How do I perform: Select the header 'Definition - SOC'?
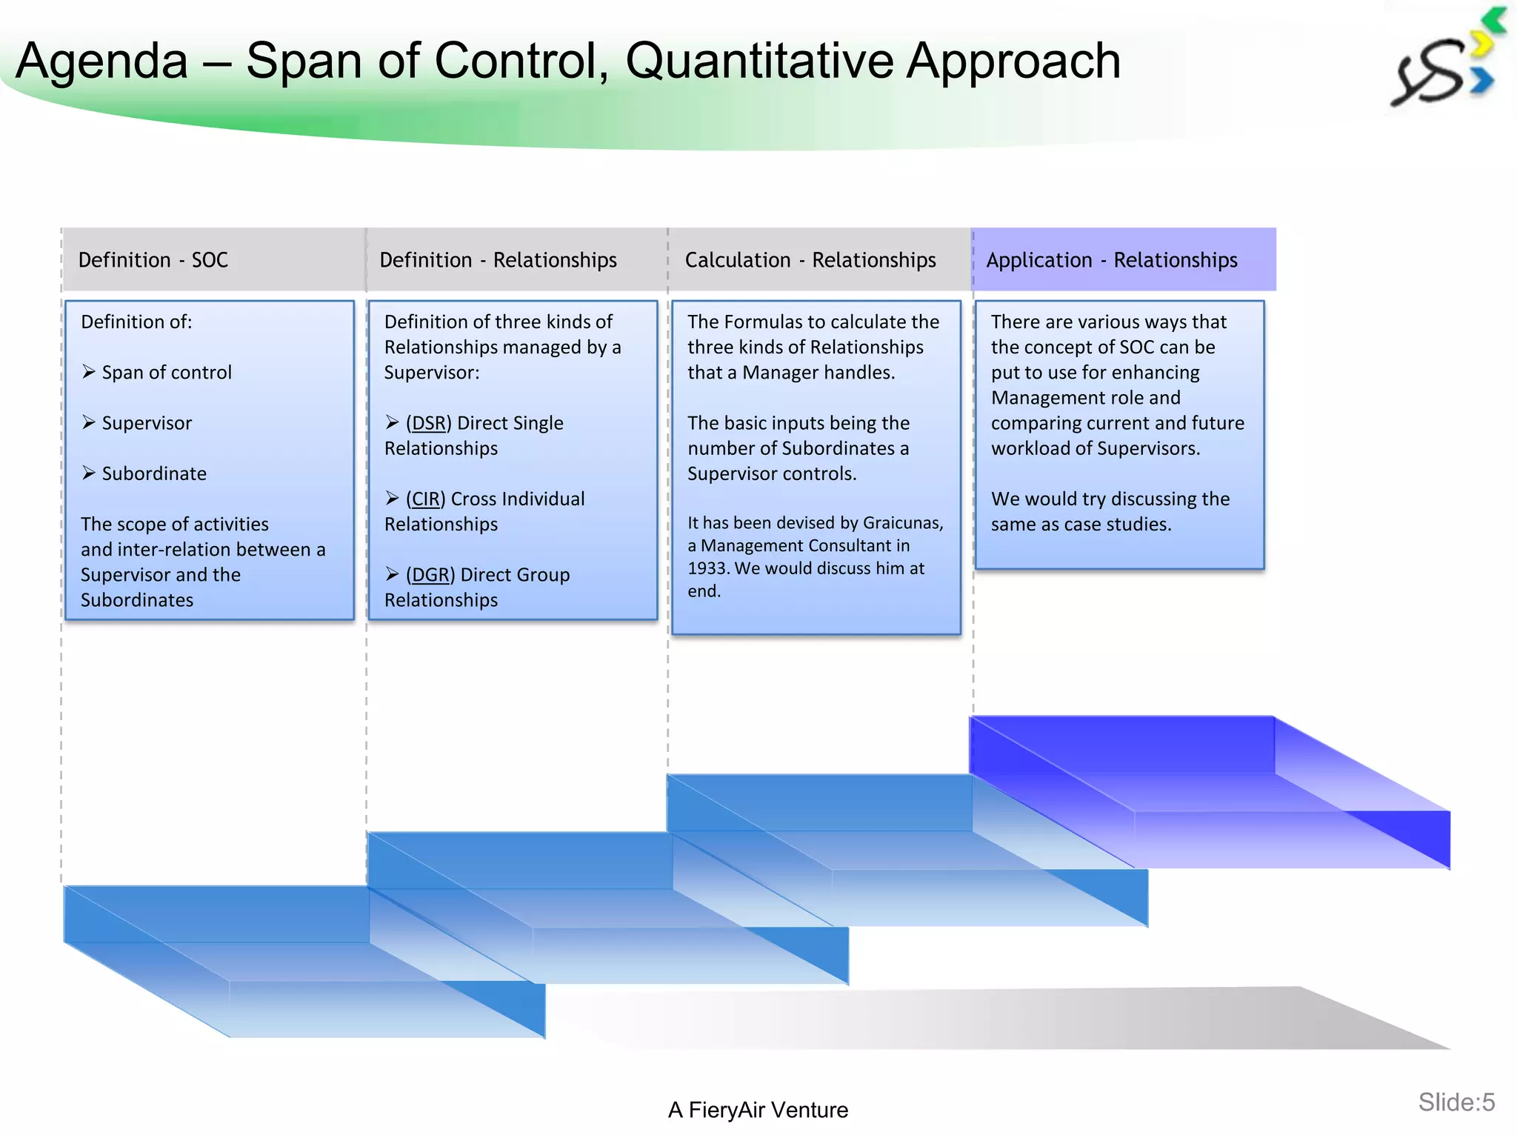[153, 260]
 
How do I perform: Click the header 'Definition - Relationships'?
[498, 260]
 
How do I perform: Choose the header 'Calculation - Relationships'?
[810, 260]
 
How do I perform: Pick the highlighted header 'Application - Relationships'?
[1111, 260]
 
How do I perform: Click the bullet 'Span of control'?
[167, 373]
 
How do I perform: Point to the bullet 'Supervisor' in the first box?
[147, 423]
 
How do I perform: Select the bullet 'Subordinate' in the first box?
[154, 473]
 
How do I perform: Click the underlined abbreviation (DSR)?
[428, 423]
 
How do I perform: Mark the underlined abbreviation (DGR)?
[430, 575]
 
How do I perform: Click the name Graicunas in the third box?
[902, 523]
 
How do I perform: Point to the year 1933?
[707, 568]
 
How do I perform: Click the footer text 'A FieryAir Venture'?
[758, 1110]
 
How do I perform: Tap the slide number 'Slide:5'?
[1456, 1102]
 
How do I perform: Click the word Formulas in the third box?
[762, 322]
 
